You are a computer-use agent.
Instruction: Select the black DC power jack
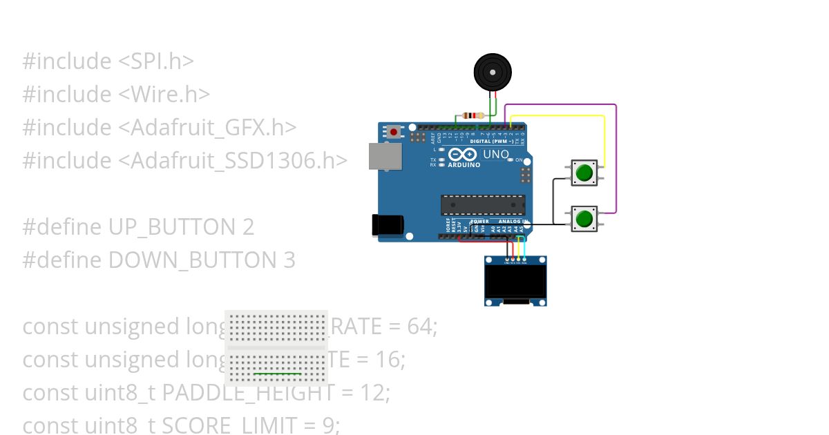(x=385, y=225)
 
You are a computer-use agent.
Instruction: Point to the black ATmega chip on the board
(x=483, y=204)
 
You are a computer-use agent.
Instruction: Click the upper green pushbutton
(x=584, y=173)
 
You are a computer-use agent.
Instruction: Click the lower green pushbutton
(x=584, y=219)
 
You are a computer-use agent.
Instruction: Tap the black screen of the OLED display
(x=515, y=282)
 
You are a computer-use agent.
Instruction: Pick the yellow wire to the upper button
(x=604, y=138)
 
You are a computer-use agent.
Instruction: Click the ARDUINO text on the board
(x=464, y=165)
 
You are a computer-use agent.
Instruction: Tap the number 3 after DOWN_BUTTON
(x=289, y=260)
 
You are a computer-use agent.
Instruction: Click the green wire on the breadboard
(x=277, y=374)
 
